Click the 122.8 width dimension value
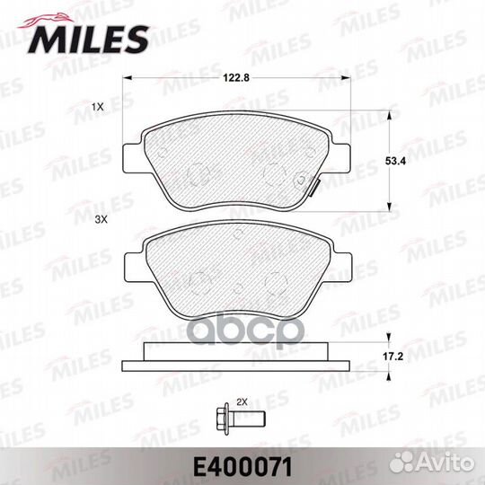[236, 77]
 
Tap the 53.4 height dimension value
[395, 161]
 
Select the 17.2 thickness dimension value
[392, 357]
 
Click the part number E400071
[242, 468]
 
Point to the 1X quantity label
[97, 108]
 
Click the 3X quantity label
[101, 220]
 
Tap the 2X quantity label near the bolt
[242, 402]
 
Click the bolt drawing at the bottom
[241, 419]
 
